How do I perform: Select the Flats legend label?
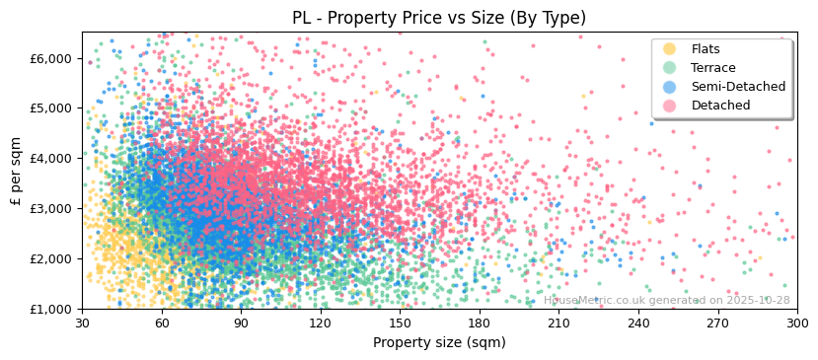705,49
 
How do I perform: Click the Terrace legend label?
712,68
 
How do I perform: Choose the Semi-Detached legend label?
738,87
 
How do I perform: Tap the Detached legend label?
720,106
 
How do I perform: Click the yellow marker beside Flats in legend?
670,49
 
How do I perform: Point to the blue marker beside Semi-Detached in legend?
670,87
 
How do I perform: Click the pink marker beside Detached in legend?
670,106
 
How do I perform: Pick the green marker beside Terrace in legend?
670,68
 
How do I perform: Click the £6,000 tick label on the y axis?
51,58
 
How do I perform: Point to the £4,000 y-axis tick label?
51,158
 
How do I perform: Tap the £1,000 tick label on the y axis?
51,309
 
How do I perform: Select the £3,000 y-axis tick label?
51,208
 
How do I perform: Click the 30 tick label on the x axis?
82,324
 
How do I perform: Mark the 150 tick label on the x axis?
400,324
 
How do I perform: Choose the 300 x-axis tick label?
796,324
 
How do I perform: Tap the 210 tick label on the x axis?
558,324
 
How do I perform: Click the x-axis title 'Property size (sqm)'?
439,342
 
